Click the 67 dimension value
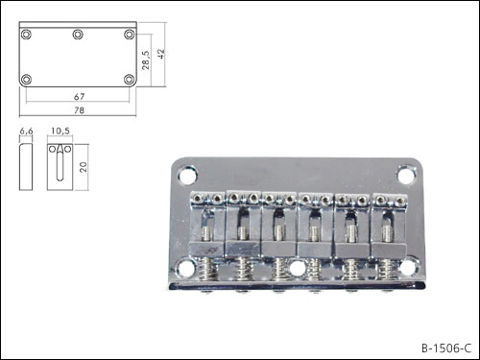79,96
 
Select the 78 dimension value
79,110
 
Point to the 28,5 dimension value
145,60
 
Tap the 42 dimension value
161,54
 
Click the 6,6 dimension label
26,131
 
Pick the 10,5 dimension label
60,131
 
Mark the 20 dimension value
83,167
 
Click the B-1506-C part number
446,348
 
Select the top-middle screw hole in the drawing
78,35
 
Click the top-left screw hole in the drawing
26,35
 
